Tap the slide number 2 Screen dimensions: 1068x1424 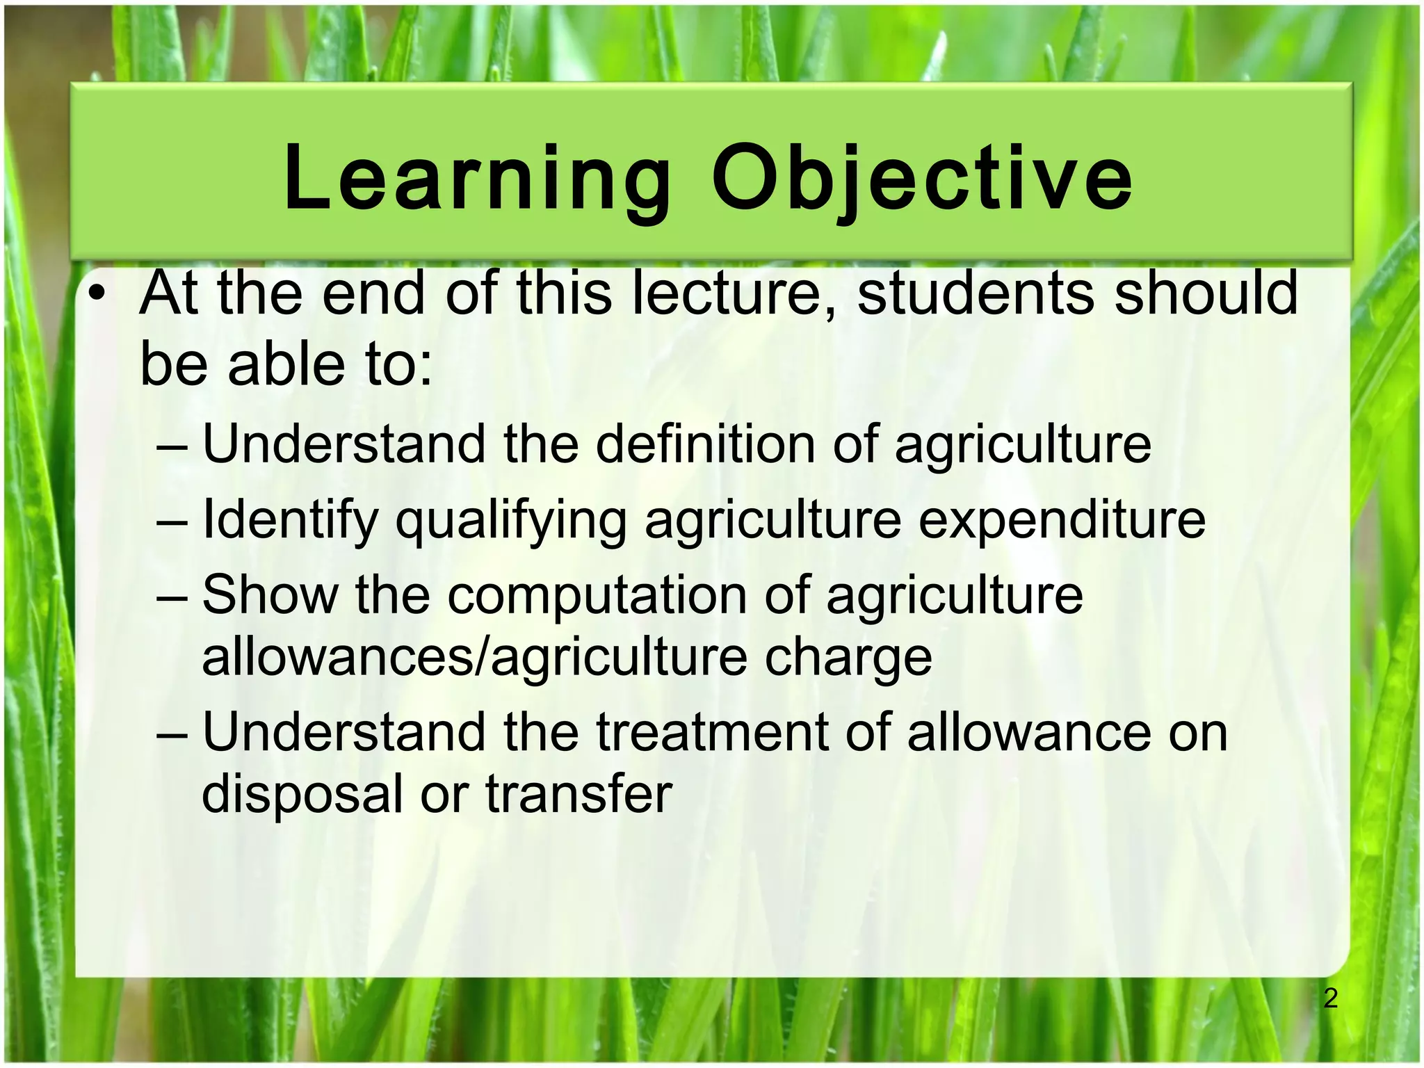tap(1330, 998)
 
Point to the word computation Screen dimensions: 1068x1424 tap(597, 595)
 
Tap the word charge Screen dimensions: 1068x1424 tap(848, 658)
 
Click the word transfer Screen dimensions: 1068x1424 tap(578, 794)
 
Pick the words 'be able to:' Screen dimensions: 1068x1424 tap(286, 364)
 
